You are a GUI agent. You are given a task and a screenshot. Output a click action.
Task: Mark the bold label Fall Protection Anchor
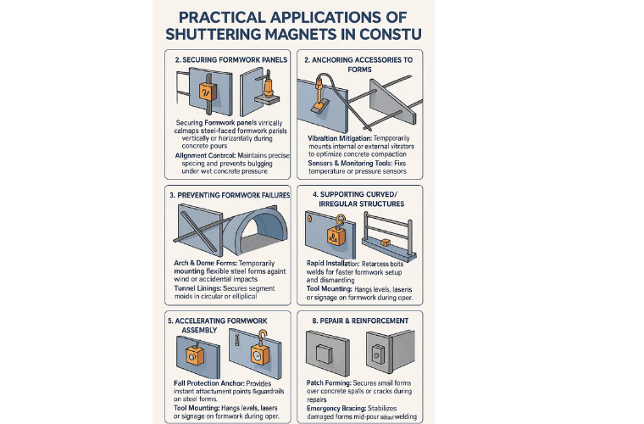pyautogui.click(x=202, y=384)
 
